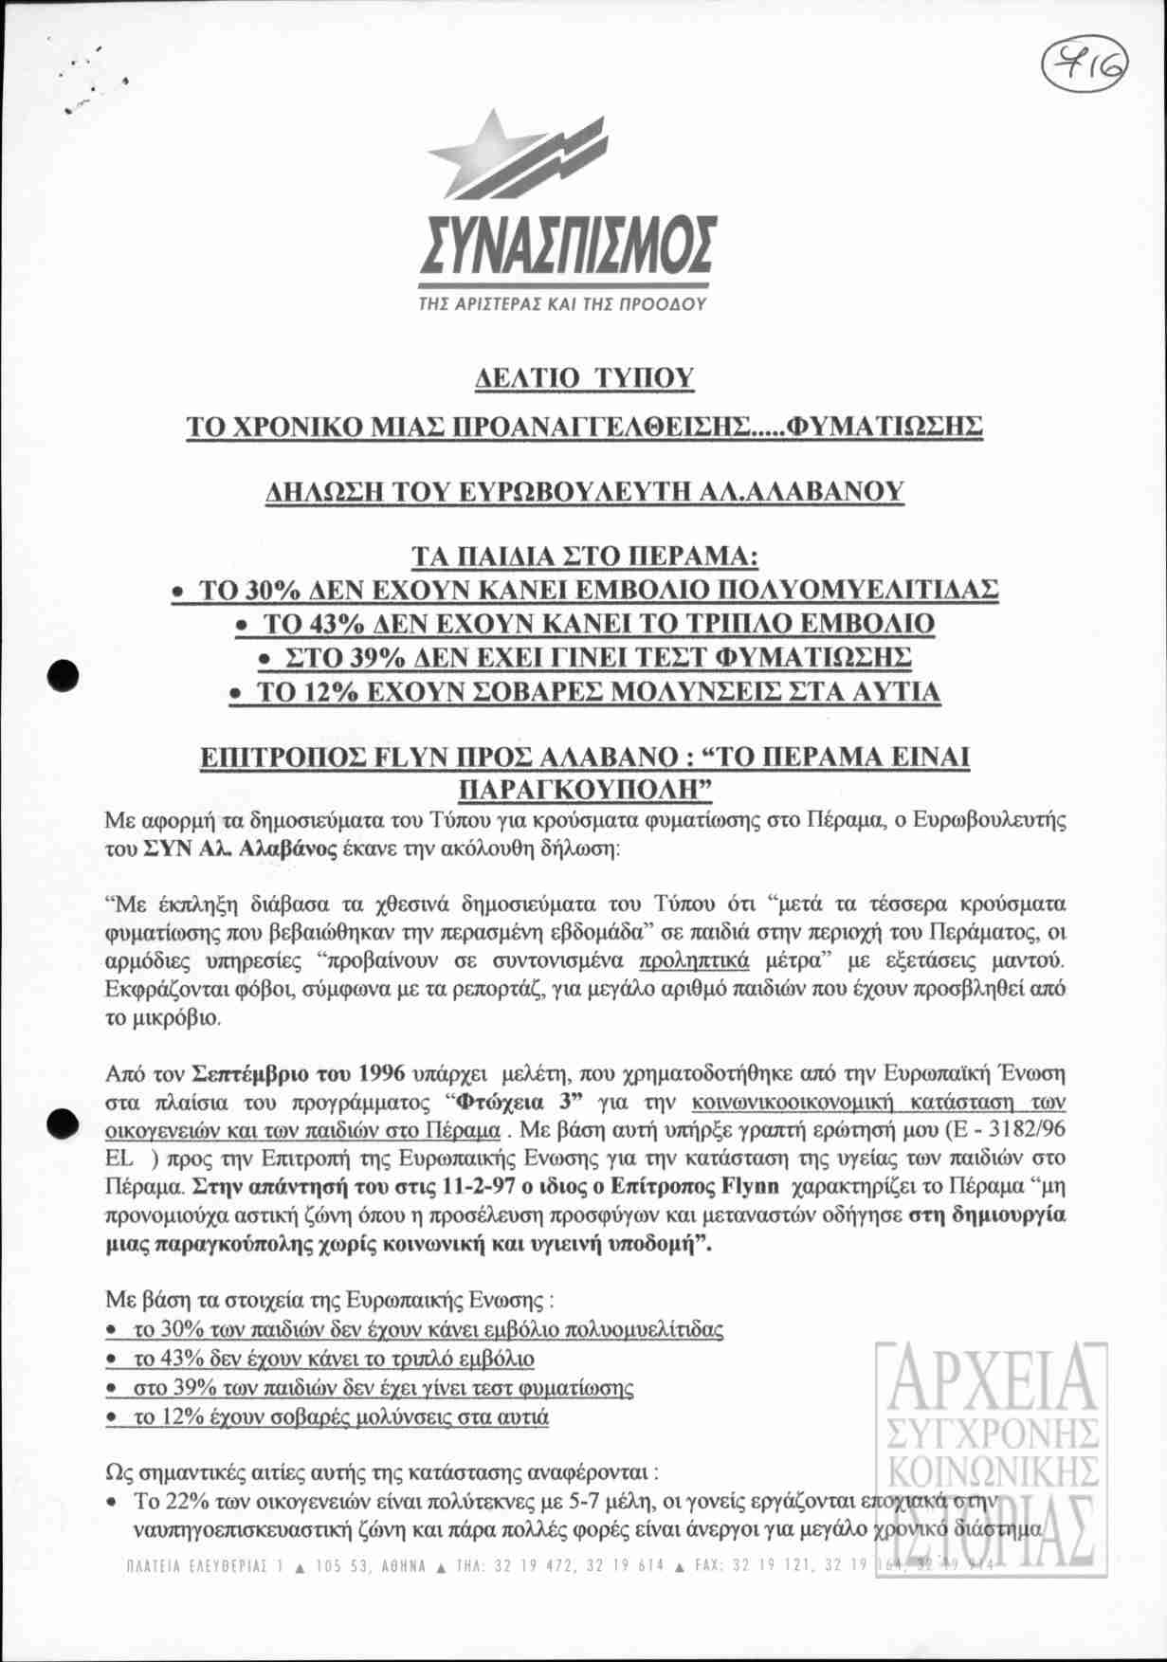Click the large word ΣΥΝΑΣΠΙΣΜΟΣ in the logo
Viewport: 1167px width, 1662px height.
click(x=567, y=246)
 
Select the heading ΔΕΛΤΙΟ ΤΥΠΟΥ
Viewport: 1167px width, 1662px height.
click(x=584, y=378)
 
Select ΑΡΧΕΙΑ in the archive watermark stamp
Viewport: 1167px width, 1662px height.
click(x=988, y=1382)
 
